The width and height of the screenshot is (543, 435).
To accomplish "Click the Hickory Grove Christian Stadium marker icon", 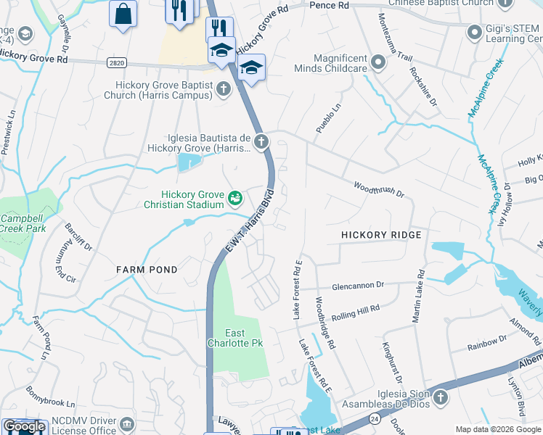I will pyautogui.click(x=234, y=197).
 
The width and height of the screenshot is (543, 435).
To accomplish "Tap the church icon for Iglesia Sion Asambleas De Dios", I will pyautogui.click(x=440, y=397).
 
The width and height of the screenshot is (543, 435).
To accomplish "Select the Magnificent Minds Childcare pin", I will pyautogui.click(x=378, y=63).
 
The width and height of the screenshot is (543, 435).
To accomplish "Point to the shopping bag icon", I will pyautogui.click(x=123, y=12).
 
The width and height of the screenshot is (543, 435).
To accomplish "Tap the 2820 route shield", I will pyautogui.click(x=115, y=64).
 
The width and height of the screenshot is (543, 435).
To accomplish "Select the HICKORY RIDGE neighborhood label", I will pyautogui.click(x=381, y=236).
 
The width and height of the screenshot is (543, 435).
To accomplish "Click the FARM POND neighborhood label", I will pyautogui.click(x=147, y=270).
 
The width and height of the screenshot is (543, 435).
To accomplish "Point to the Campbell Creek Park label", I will pyautogui.click(x=23, y=223).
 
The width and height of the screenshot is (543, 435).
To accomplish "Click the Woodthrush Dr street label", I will pyautogui.click(x=378, y=190).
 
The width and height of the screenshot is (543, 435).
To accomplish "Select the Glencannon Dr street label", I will pyautogui.click(x=358, y=286).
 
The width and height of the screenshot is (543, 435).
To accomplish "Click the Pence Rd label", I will pyautogui.click(x=329, y=6).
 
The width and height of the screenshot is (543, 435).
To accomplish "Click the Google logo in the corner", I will pyautogui.click(x=24, y=426).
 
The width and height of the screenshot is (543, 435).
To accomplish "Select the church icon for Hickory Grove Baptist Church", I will pyautogui.click(x=224, y=89).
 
